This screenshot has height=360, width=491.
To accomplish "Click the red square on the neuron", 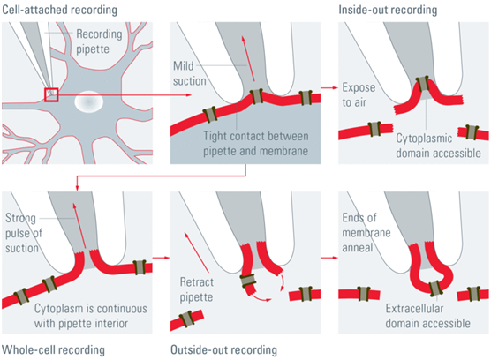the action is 51,95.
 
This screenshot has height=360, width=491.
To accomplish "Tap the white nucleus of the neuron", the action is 89,101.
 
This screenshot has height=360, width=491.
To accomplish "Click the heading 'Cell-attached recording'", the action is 59,10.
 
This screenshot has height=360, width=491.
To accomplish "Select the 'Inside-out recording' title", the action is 388,10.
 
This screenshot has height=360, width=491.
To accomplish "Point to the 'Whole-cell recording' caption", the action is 53,349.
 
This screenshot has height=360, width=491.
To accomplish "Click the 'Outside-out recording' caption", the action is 223,349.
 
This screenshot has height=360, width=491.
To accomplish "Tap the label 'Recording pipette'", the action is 99,41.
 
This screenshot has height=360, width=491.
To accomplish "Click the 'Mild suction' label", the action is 190,73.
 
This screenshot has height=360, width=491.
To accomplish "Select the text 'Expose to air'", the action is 359,94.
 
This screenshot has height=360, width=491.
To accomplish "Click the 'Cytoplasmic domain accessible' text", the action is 438,146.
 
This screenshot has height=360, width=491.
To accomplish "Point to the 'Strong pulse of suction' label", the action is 24,233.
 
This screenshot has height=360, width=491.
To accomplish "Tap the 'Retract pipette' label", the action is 197,289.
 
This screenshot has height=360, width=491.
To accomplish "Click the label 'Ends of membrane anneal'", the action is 366,232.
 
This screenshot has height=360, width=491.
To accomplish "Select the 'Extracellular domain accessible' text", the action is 427,316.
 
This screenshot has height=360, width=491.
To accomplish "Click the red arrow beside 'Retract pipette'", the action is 197,252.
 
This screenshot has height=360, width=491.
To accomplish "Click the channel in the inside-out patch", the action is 424,83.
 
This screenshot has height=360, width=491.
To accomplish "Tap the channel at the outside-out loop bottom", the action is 436,289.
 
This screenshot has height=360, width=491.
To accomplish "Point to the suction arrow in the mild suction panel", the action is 248,58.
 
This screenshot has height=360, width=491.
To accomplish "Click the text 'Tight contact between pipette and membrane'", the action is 256,144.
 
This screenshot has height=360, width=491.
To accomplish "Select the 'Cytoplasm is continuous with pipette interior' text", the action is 90,316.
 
